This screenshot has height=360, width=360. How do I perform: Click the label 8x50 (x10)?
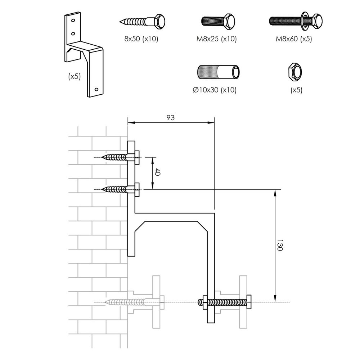[x=141, y=39]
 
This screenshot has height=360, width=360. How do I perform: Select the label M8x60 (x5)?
[x=293, y=39]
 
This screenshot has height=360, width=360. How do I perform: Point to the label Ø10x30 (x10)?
[x=215, y=90]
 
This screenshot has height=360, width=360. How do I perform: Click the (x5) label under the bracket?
[x=74, y=76]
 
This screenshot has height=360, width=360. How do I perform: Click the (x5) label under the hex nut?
[x=296, y=90]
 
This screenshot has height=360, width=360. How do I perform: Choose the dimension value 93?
[x=171, y=117]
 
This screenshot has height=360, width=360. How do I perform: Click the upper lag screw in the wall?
[x=119, y=157]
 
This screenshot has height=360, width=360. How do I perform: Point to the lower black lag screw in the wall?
[x=119, y=189]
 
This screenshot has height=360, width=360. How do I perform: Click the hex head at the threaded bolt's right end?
[x=248, y=302]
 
